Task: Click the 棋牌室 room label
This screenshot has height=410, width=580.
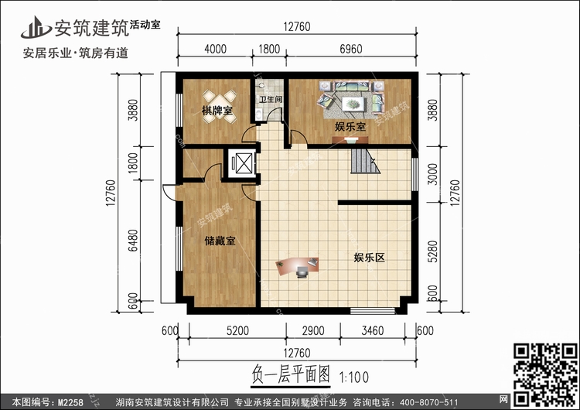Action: click(x=218, y=113)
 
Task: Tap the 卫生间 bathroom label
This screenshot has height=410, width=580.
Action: click(x=270, y=100)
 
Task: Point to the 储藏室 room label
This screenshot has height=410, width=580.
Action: click(x=220, y=241)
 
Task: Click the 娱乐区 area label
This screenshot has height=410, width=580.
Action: click(x=369, y=257)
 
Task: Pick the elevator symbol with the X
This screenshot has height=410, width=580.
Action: click(x=242, y=163)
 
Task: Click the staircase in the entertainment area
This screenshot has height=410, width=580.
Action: click(x=363, y=162)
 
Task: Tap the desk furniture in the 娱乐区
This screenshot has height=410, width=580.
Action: click(x=299, y=267)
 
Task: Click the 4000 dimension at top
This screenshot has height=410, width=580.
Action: click(x=215, y=49)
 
